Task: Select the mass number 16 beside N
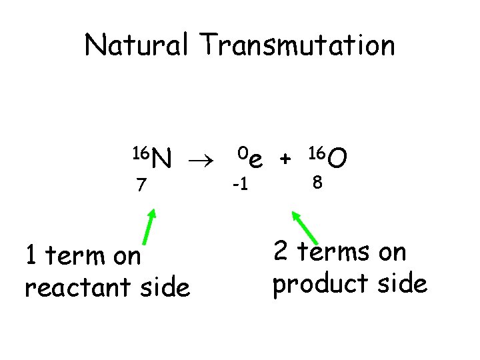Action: (140, 153)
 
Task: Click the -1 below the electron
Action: (240, 183)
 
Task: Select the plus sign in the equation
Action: (285, 159)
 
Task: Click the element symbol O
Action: (337, 159)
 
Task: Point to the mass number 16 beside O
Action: (317, 153)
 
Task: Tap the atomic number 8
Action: (318, 182)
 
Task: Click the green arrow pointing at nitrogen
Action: (149, 229)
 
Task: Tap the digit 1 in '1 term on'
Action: (30, 255)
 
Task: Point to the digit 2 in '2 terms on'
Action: (281, 252)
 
